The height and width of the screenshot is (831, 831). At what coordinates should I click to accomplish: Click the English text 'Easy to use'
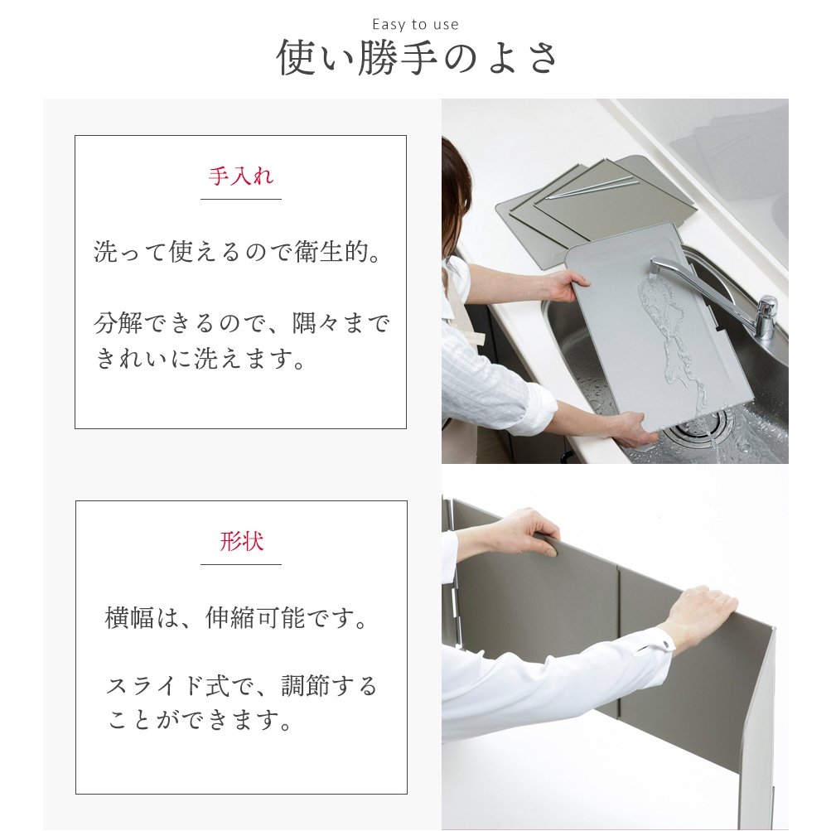416,24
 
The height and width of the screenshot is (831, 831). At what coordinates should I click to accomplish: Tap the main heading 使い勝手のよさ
417,58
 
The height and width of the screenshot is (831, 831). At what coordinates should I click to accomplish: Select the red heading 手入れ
240,176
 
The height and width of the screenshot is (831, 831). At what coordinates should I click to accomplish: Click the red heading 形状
241,541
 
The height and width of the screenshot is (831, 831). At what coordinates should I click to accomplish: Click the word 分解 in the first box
118,323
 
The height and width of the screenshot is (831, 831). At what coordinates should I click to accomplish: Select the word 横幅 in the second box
129,618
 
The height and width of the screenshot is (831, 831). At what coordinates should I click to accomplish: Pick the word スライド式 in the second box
168,686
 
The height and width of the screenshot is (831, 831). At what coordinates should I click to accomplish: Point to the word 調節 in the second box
306,686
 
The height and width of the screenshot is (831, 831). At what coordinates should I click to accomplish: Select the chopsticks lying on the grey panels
591,189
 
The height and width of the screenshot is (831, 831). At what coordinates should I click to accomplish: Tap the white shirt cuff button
664,644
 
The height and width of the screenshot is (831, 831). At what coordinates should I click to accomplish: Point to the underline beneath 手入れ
240,200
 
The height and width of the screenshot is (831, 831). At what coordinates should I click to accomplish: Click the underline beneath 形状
240,564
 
